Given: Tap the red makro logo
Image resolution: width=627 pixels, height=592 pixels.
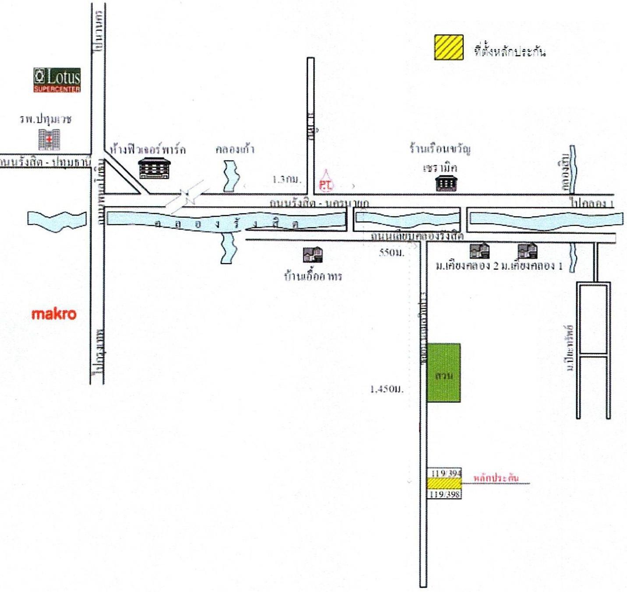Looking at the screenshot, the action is point(54,314).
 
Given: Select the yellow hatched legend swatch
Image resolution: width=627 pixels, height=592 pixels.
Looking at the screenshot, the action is point(449,47).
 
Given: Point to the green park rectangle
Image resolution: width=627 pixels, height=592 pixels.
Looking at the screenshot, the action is point(444,373).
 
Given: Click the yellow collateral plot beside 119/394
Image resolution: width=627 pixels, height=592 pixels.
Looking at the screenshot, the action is point(444,483).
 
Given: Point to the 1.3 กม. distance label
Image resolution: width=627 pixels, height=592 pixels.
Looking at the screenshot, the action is point(287,179).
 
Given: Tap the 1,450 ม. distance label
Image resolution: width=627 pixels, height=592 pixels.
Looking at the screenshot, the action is point(387,389).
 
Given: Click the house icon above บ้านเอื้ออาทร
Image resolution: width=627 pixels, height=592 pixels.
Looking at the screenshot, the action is point(313,254).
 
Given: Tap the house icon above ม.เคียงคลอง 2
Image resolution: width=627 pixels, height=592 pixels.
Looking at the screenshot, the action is point(479,251).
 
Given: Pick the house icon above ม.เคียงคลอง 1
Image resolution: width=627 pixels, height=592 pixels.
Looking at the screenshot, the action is point(527,251).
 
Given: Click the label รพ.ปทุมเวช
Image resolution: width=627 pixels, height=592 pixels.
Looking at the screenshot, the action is point(46,120).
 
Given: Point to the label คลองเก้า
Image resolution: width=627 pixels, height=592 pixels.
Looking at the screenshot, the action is point(235,149).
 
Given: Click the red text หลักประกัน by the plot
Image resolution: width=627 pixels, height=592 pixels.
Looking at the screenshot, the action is point(496,478).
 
